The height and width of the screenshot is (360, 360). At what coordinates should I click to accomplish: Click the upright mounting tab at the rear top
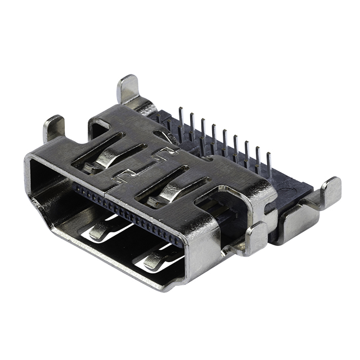(129, 88)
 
